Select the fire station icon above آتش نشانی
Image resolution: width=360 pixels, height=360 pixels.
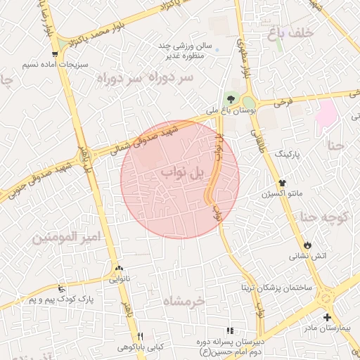point(307,243)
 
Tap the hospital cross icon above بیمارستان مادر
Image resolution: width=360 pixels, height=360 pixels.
point(327,317)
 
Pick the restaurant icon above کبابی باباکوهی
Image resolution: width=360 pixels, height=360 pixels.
point(141,336)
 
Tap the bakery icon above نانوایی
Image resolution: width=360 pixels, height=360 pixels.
point(118,267)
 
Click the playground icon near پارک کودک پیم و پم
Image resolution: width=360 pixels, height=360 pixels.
point(62,288)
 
